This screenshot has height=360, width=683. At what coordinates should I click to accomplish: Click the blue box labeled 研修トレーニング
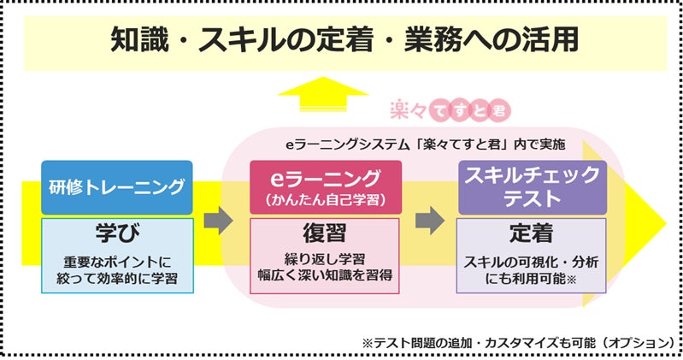[x=117, y=186]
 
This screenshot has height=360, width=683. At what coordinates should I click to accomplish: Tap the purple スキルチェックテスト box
[x=532, y=186]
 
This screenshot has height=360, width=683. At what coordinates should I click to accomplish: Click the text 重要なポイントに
[x=117, y=261]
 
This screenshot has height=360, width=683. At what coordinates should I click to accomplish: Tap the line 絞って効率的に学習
[x=117, y=278]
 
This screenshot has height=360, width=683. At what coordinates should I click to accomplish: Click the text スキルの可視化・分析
[x=532, y=261]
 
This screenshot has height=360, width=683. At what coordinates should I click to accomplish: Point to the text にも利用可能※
[x=532, y=278]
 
